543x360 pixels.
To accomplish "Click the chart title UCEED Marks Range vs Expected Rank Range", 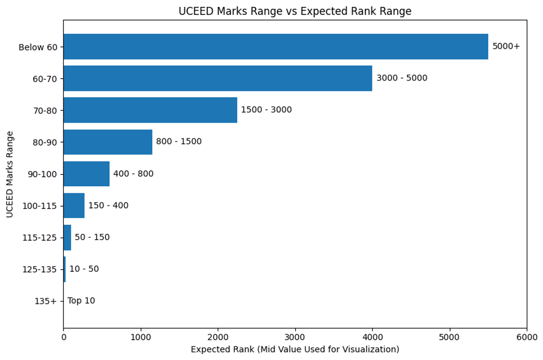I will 295,11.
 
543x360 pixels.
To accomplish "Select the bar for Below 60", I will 276,47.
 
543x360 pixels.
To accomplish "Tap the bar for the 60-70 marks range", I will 218,78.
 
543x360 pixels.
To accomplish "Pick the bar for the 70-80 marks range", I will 150,110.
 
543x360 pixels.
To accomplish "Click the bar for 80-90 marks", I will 108,142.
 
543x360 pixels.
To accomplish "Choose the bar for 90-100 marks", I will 86,174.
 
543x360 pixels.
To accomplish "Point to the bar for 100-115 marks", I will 74,205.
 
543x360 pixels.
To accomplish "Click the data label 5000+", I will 506,47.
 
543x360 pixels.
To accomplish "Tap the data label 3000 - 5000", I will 401,78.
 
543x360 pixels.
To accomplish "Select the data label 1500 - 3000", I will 266,110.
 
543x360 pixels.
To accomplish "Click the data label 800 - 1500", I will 179,142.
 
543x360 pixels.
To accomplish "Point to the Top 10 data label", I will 81,301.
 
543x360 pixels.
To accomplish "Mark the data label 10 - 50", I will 84,269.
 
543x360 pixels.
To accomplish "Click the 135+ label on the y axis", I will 46,301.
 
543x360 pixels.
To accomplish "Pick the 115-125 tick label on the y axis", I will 39,237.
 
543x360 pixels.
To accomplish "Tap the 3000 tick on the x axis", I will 295,337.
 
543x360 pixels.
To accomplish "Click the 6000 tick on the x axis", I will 527,337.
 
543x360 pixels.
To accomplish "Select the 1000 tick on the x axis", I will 141,337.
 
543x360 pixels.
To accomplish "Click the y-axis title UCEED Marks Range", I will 10,174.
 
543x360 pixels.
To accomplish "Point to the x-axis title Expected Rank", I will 295,350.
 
